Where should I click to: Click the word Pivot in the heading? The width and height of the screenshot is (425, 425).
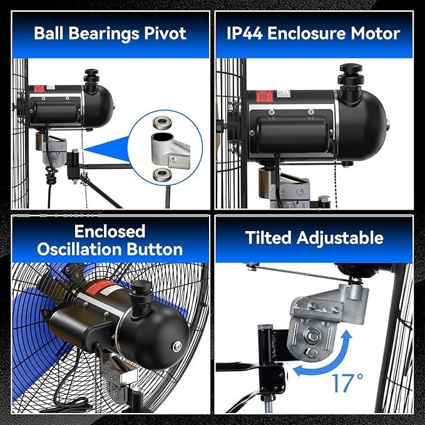tap(165, 33)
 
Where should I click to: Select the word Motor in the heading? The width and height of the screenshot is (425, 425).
tap(376, 33)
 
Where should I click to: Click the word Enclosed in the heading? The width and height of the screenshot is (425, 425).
tap(110, 231)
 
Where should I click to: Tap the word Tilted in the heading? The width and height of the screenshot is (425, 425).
tap(268, 238)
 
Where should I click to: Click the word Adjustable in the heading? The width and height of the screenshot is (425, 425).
tap(340, 238)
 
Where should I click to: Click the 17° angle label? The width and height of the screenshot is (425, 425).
tap(347, 383)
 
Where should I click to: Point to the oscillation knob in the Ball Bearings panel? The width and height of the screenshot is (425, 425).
tap(91, 78)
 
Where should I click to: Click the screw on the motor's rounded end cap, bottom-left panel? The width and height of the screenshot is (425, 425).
tap(177, 346)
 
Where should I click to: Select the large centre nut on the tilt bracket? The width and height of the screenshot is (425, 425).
tap(313, 337)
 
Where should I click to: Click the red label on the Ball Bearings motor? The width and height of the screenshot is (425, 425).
tap(39, 89)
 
